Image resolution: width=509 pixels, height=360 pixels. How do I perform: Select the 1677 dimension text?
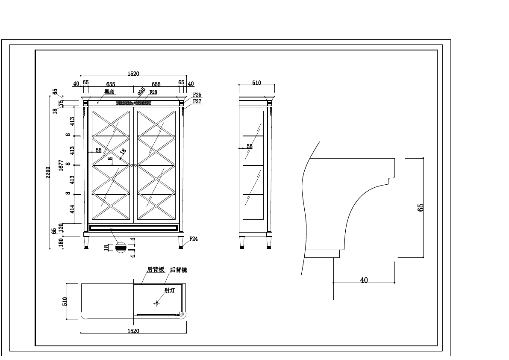coord(61,165)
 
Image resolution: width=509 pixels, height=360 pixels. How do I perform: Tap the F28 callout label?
coord(153,92)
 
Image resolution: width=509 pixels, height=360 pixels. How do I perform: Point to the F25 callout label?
coord(197,94)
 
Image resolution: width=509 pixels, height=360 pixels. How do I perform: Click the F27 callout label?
coord(197,101)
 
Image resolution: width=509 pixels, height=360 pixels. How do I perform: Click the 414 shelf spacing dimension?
coord(72,209)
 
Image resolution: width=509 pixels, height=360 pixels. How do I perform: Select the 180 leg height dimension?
coord(61,243)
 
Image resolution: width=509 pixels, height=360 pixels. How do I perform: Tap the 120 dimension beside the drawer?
coord(61,227)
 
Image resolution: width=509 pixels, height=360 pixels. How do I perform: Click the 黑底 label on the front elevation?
coord(109,91)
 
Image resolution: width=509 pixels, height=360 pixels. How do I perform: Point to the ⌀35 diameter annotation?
coord(141,91)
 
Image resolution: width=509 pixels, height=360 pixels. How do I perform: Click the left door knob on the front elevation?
coord(132,165)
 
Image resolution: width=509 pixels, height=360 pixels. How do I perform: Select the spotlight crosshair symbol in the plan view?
coord(156,303)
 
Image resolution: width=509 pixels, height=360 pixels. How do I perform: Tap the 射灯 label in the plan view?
coord(170,290)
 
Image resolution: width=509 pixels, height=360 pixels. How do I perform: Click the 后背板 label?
coord(156,270)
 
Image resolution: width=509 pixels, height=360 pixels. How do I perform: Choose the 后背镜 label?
coord(178,270)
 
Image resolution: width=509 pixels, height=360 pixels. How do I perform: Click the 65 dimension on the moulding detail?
coord(421,207)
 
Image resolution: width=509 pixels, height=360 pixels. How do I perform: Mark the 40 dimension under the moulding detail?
coord(364,280)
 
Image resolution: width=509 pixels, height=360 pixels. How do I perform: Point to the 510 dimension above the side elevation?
coord(256,83)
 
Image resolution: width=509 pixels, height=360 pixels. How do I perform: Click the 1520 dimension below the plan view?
coord(133,330)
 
